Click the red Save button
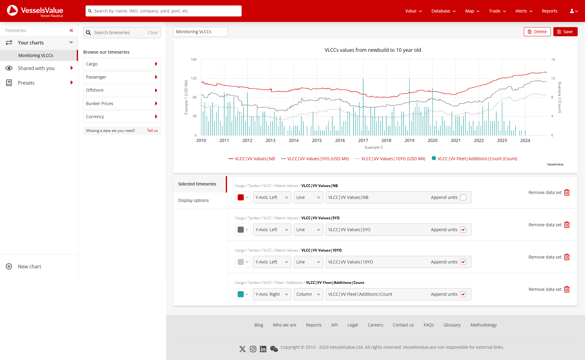point(565,32)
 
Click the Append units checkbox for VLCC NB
point(463,197)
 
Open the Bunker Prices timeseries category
point(122,104)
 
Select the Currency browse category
point(122,117)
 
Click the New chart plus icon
point(9,266)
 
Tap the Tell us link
point(152,131)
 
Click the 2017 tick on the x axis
point(363,140)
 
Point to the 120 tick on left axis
point(194,78)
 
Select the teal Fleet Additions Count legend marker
point(434,158)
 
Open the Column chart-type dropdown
point(308,294)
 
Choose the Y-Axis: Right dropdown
point(272,294)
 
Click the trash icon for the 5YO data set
point(567,225)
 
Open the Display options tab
point(193,200)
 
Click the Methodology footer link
point(484,325)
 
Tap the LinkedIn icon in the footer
point(263,349)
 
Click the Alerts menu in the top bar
point(523,11)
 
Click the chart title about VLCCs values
point(373,50)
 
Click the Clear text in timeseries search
point(153,33)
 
